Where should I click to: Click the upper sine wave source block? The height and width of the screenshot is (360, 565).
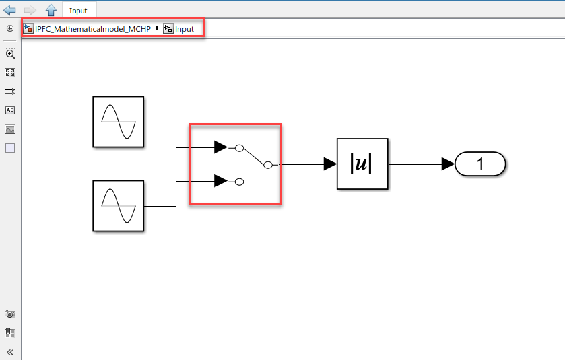tap(118, 122)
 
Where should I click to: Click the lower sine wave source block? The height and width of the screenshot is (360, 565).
tap(118, 206)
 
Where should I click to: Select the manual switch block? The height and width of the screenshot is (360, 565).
tap(235, 164)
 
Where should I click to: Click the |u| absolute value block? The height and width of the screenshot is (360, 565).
tap(362, 164)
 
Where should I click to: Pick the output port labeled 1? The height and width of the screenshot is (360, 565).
tap(480, 164)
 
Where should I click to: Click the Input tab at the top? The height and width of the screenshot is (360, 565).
tap(78, 11)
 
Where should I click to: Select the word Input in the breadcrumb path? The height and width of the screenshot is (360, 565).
tap(185, 29)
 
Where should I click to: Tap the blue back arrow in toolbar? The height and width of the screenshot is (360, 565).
tap(10, 10)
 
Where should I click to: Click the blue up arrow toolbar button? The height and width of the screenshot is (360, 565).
tap(51, 10)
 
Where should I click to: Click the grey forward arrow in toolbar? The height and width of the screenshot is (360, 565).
tap(30, 10)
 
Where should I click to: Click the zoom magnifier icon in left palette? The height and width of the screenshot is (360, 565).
tap(10, 54)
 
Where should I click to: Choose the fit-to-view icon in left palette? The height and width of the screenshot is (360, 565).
tap(10, 73)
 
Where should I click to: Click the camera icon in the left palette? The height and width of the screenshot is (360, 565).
tap(10, 314)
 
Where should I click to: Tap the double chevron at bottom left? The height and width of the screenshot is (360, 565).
tap(10, 352)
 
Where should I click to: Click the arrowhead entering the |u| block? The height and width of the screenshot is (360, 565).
tap(329, 164)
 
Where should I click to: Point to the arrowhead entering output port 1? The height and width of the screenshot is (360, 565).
tap(448, 164)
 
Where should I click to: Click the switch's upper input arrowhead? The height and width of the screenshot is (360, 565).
tap(220, 147)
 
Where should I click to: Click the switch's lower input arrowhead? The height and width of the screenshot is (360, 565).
tap(220, 180)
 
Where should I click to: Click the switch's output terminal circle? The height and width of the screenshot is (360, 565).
tap(267, 164)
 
